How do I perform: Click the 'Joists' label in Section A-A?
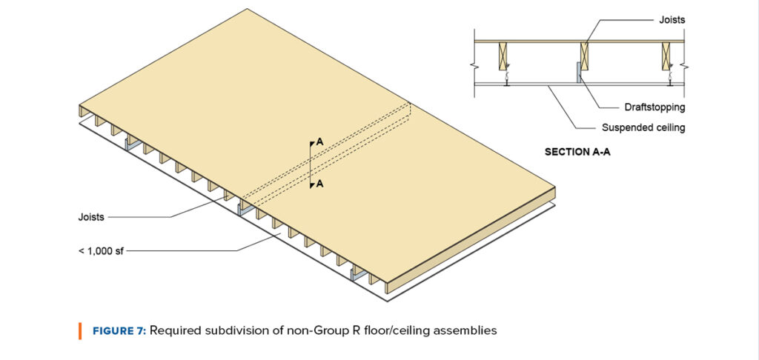pyautogui.click(x=672, y=20)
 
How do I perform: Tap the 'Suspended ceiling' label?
pyautogui.click(x=643, y=127)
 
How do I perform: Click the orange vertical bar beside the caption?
pyautogui.click(x=79, y=330)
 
